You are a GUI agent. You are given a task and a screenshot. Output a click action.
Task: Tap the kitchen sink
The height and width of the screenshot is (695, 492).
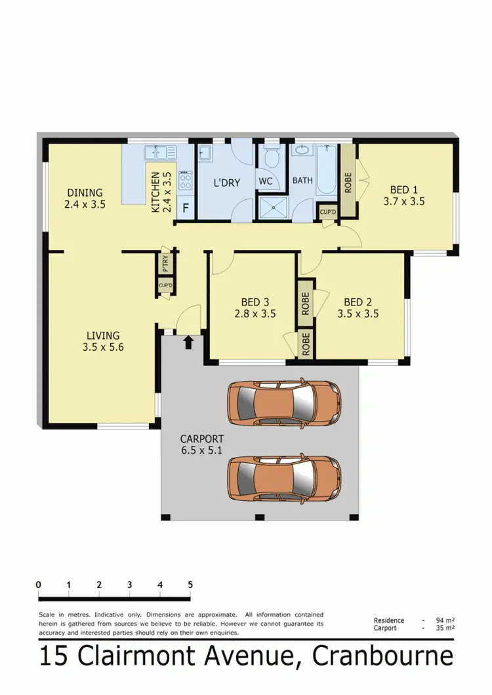[160, 153]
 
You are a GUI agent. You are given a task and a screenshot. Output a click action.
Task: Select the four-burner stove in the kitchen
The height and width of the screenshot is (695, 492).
[186, 180]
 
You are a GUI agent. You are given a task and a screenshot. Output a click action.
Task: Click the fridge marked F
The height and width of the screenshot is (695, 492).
[186, 209]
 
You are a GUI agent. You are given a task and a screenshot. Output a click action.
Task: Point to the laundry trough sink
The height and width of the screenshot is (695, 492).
[205, 153]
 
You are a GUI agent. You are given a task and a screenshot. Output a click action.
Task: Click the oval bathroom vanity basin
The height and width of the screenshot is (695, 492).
[302, 150]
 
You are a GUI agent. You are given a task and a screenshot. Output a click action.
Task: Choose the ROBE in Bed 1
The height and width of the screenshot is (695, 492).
[348, 178]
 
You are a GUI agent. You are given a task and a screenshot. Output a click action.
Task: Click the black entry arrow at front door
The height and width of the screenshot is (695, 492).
[189, 342]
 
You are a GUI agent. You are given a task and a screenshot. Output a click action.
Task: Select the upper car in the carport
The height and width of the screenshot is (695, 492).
[283, 401]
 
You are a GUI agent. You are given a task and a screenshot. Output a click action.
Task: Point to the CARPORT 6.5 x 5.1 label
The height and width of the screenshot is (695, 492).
[202, 445]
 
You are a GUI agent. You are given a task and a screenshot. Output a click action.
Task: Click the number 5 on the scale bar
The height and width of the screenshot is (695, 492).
[190, 584]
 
